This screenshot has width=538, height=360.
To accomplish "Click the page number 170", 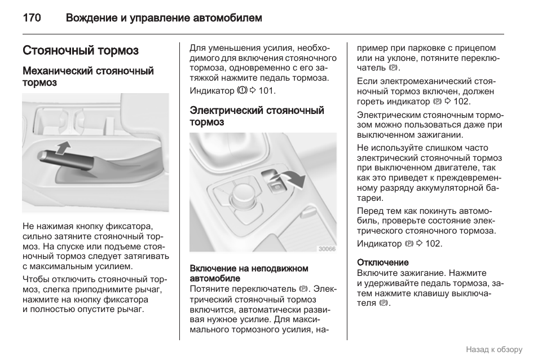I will pos(32,18).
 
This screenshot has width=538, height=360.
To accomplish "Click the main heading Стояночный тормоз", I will pos(81,51).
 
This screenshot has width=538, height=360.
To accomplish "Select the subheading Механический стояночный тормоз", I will pos(88,77).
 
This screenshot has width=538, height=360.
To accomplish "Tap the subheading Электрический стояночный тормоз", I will pos(257,116).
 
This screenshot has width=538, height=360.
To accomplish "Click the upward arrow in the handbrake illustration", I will pos(64,148).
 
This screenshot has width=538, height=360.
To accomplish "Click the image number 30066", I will pos(326,249).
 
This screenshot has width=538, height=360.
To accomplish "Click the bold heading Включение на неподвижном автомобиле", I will pos(249,273).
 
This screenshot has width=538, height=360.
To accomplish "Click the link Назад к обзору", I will pos(494,349).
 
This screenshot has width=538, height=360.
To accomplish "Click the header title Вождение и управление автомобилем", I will pos(164,18).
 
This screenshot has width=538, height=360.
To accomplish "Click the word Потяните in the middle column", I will pos(207,288).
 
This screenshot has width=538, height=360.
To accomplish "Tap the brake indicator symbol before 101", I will pos(242,90).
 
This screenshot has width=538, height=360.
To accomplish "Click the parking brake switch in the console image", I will pos(277,185).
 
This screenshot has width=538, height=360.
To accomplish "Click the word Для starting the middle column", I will pos(197,48).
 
